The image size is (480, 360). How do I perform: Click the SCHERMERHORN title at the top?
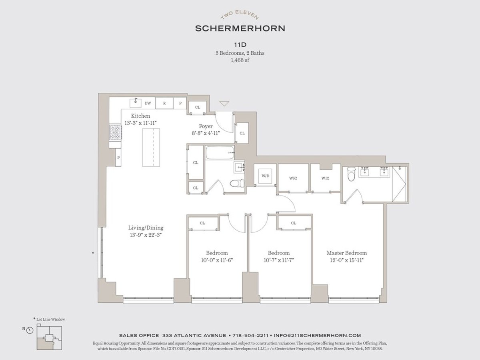click(x=240, y=28)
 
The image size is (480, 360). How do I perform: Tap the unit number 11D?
click(x=240, y=45)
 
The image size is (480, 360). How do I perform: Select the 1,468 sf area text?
click(x=240, y=60)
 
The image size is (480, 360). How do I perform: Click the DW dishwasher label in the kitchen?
click(x=148, y=103)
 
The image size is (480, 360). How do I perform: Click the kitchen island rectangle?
click(x=154, y=148)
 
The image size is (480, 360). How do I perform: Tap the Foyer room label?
click(x=206, y=126)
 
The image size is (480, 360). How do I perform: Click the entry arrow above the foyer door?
click(x=224, y=104)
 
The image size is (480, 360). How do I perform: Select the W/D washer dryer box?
click(x=265, y=175)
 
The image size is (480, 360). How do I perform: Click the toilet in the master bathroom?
click(x=352, y=174)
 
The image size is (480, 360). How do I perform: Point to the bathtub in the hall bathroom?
click(x=220, y=152)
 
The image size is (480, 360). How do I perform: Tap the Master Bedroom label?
click(x=346, y=253)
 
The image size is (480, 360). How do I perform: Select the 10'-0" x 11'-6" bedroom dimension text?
click(x=217, y=260)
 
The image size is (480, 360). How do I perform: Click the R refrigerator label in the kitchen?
click(x=164, y=103)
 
